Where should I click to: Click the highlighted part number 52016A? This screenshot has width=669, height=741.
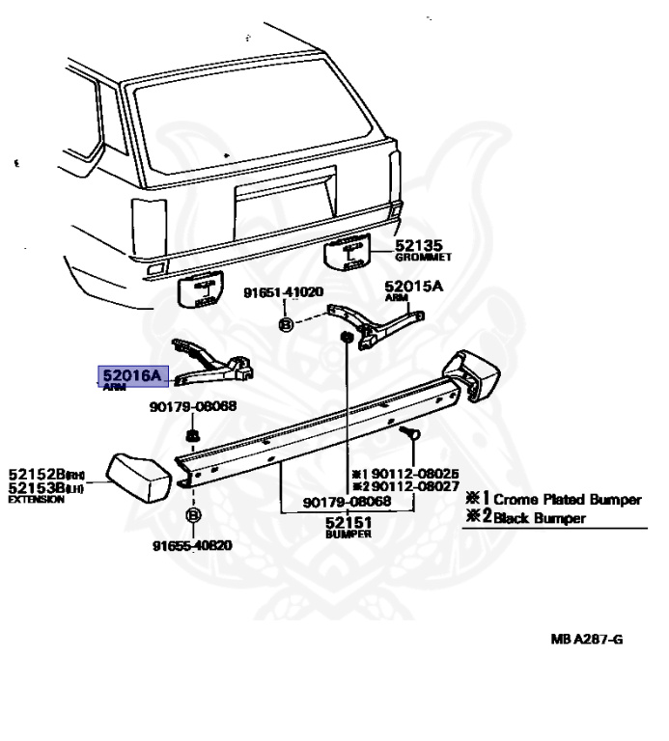click(x=135, y=374)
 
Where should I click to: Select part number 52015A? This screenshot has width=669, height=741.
click(x=413, y=287)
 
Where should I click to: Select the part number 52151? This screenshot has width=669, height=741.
click(x=348, y=521)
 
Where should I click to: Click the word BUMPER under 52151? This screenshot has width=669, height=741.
click(x=348, y=533)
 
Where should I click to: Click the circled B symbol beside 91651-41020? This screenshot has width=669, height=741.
click(x=285, y=324)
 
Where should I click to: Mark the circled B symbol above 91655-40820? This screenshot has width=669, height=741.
click(x=192, y=516)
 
